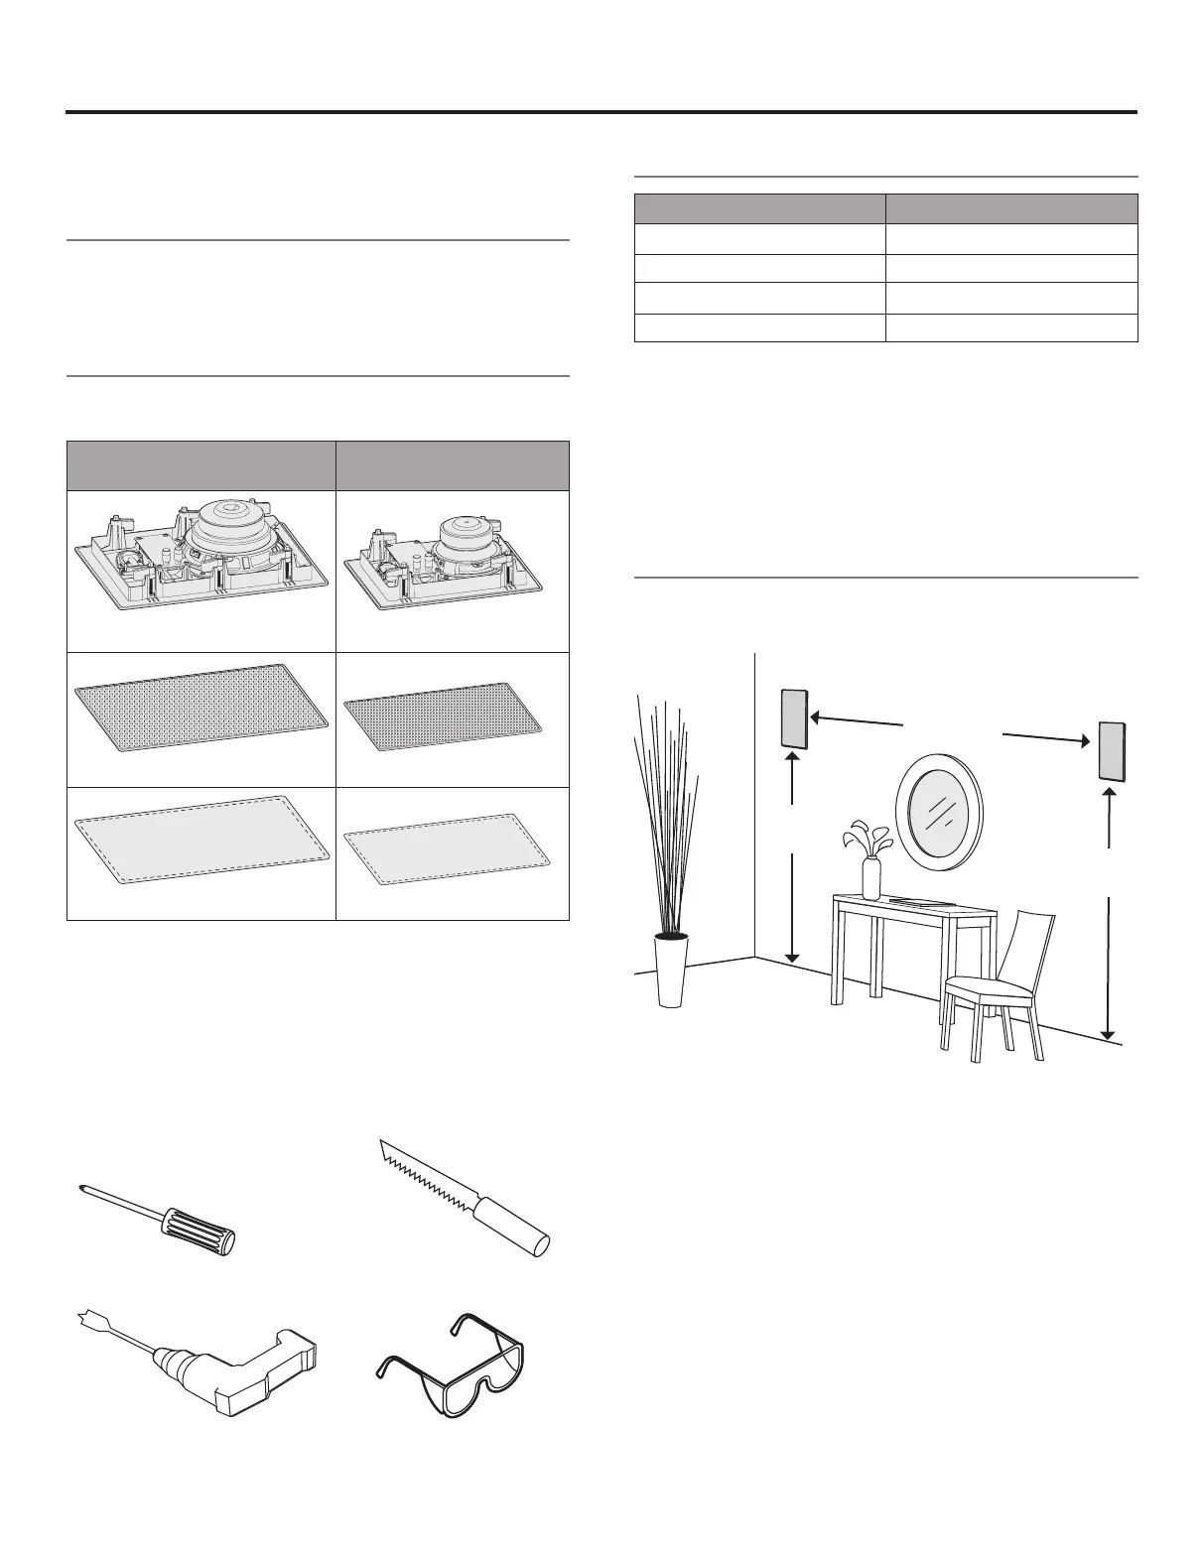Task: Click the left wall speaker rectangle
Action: coord(794,717)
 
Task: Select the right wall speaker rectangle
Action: coord(1111,751)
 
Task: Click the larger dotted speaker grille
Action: coord(201,709)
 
